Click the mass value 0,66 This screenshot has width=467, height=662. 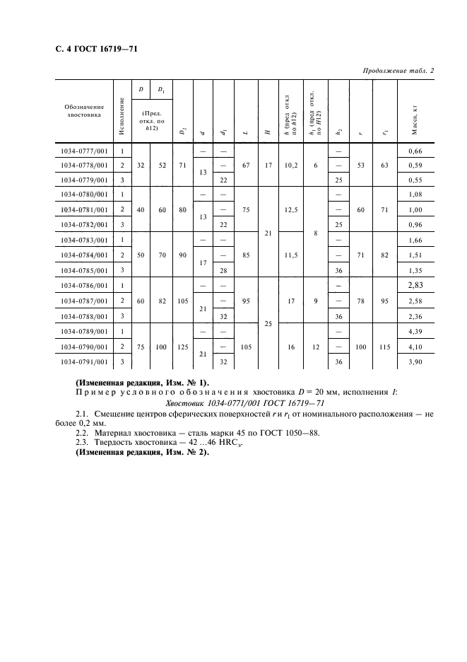pos(425,151)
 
